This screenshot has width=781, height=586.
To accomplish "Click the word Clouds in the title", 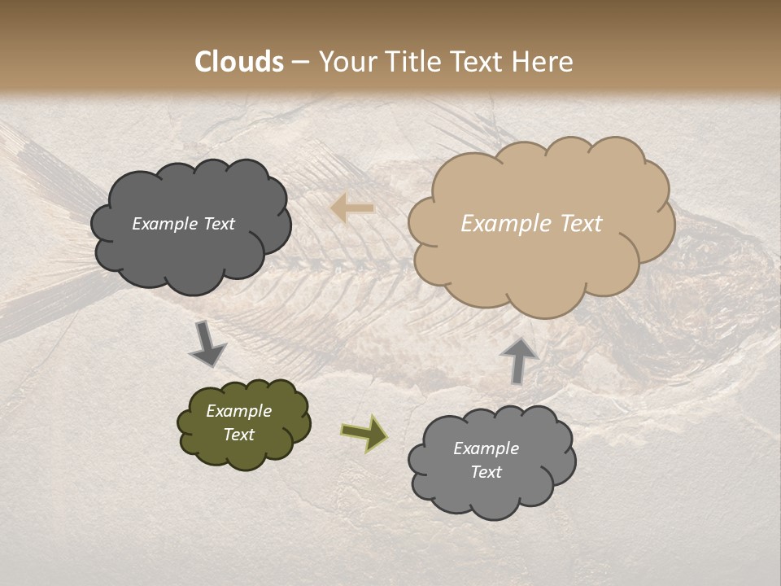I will point(239,62).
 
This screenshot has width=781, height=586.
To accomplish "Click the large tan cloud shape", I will point(541,269).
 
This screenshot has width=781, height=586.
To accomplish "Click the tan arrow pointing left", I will point(353,208).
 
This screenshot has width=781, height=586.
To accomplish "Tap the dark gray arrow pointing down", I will point(207,343).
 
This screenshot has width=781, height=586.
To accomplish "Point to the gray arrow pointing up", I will point(518,360).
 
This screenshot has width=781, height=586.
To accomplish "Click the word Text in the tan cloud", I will point(581,224).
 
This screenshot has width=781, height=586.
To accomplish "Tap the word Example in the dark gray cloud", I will point(166,224).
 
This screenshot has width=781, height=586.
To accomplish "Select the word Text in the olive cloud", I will point(239,435).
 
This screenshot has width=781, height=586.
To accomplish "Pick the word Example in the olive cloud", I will point(239,411).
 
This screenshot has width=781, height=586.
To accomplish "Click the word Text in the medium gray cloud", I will point(486,472).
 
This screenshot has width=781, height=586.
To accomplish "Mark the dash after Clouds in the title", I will point(300,62).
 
